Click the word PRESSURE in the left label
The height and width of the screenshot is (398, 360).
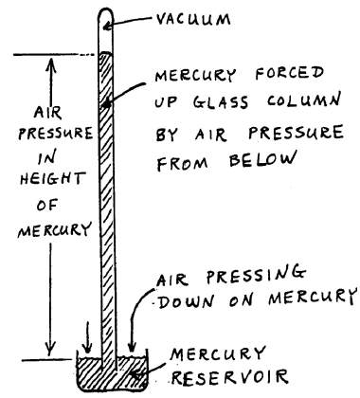pos(39,134)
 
